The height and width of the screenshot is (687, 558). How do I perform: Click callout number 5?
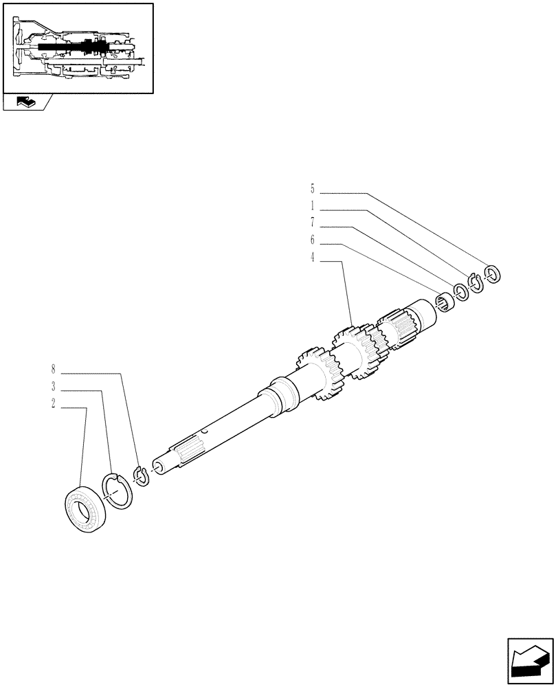tap(312, 188)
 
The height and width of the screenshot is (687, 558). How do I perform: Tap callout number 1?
tap(312, 205)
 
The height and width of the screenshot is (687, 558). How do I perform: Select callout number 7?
tap(312, 222)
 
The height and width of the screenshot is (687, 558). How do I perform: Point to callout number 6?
tap(312, 240)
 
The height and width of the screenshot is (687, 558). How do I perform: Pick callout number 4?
tap(312, 258)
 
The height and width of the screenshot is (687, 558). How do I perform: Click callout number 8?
tap(53, 370)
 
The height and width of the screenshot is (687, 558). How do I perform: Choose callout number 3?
tap(53, 386)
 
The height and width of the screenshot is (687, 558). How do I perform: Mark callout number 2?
tap(53, 404)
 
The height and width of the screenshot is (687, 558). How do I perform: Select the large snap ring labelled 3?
tap(117, 491)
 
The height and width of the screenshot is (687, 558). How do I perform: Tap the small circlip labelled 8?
tap(141, 475)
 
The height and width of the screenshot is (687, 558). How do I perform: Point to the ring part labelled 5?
tap(492, 273)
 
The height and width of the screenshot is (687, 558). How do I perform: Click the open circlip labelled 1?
tap(476, 283)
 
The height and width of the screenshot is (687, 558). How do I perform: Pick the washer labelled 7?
tap(460, 293)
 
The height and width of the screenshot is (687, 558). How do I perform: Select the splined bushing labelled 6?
tap(445, 302)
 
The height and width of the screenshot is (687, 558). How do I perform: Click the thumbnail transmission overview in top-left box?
tap(77, 47)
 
